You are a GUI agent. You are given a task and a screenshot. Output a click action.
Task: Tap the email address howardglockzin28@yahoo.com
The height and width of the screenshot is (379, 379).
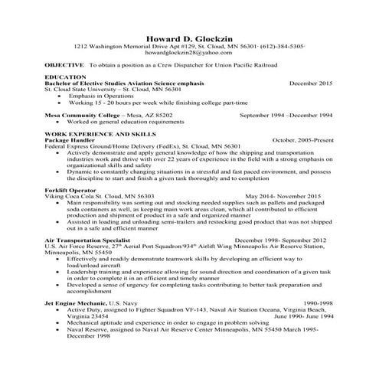(x=188, y=53)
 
